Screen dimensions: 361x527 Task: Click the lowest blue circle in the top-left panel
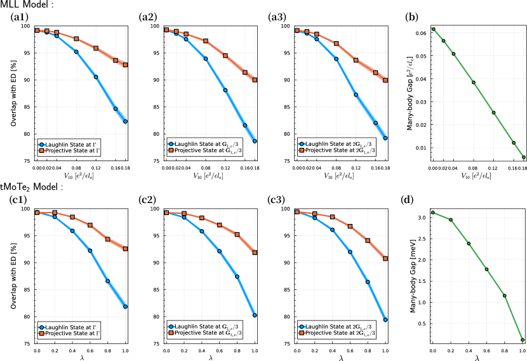125,121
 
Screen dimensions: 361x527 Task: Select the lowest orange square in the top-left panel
125,65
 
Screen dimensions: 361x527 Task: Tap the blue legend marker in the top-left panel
41,145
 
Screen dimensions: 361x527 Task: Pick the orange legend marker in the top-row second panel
171,150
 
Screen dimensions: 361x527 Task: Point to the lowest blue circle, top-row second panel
255,141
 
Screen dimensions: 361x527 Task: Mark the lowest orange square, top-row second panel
255,80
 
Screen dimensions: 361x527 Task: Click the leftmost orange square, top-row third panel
297,30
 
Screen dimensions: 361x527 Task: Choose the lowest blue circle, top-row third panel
385,138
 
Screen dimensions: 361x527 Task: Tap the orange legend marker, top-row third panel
301,150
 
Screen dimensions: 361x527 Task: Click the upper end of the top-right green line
433,29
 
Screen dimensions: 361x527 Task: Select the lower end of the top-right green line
523,157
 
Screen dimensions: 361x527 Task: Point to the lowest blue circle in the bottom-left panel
125,306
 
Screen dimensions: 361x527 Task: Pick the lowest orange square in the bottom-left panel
125,249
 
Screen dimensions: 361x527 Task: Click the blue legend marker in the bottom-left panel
41,327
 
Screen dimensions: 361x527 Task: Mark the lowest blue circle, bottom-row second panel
255,315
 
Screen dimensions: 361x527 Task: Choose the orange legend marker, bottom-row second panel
171,332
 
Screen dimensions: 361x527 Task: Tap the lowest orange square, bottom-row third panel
385,258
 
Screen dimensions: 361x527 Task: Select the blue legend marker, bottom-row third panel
301,327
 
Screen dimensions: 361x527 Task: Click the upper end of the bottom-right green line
433,213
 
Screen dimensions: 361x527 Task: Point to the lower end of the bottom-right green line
523,339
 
